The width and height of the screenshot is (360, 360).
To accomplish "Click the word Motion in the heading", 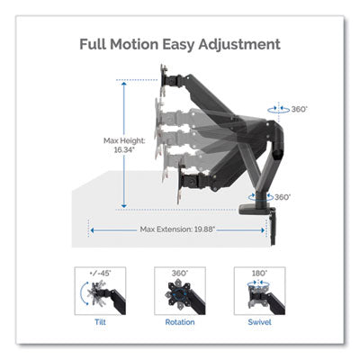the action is click(x=134, y=44).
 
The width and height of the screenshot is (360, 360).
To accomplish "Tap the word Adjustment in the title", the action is click(x=239, y=45).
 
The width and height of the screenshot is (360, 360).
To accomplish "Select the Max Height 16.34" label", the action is click(x=124, y=145).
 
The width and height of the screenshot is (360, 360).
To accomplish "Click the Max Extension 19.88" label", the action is click(x=177, y=229).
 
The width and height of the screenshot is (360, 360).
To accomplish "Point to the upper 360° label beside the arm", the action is click(x=300, y=109).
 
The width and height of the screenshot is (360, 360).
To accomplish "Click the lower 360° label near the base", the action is click(x=283, y=197).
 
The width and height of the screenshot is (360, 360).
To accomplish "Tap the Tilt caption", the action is click(x=100, y=322).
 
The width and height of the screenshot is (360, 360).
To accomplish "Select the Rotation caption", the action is click(x=180, y=322).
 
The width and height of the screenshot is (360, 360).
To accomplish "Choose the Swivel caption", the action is click(x=260, y=322).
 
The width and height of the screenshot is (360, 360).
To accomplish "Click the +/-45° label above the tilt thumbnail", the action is click(x=100, y=274).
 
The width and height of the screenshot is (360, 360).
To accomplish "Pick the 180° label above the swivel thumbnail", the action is click(x=259, y=274).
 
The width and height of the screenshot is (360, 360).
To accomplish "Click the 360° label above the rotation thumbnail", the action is click(x=180, y=274).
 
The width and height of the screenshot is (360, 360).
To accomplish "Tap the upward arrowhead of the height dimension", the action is click(x=124, y=84).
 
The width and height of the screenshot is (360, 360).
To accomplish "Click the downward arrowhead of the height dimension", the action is click(x=124, y=206).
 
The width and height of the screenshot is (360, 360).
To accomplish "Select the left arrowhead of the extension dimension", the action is click(x=93, y=230).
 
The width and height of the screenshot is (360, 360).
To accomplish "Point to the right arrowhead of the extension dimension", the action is click(x=263, y=230).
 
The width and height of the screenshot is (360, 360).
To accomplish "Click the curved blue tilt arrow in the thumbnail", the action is click(x=83, y=292).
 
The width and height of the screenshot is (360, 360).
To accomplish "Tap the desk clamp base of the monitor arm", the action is click(x=257, y=210).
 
